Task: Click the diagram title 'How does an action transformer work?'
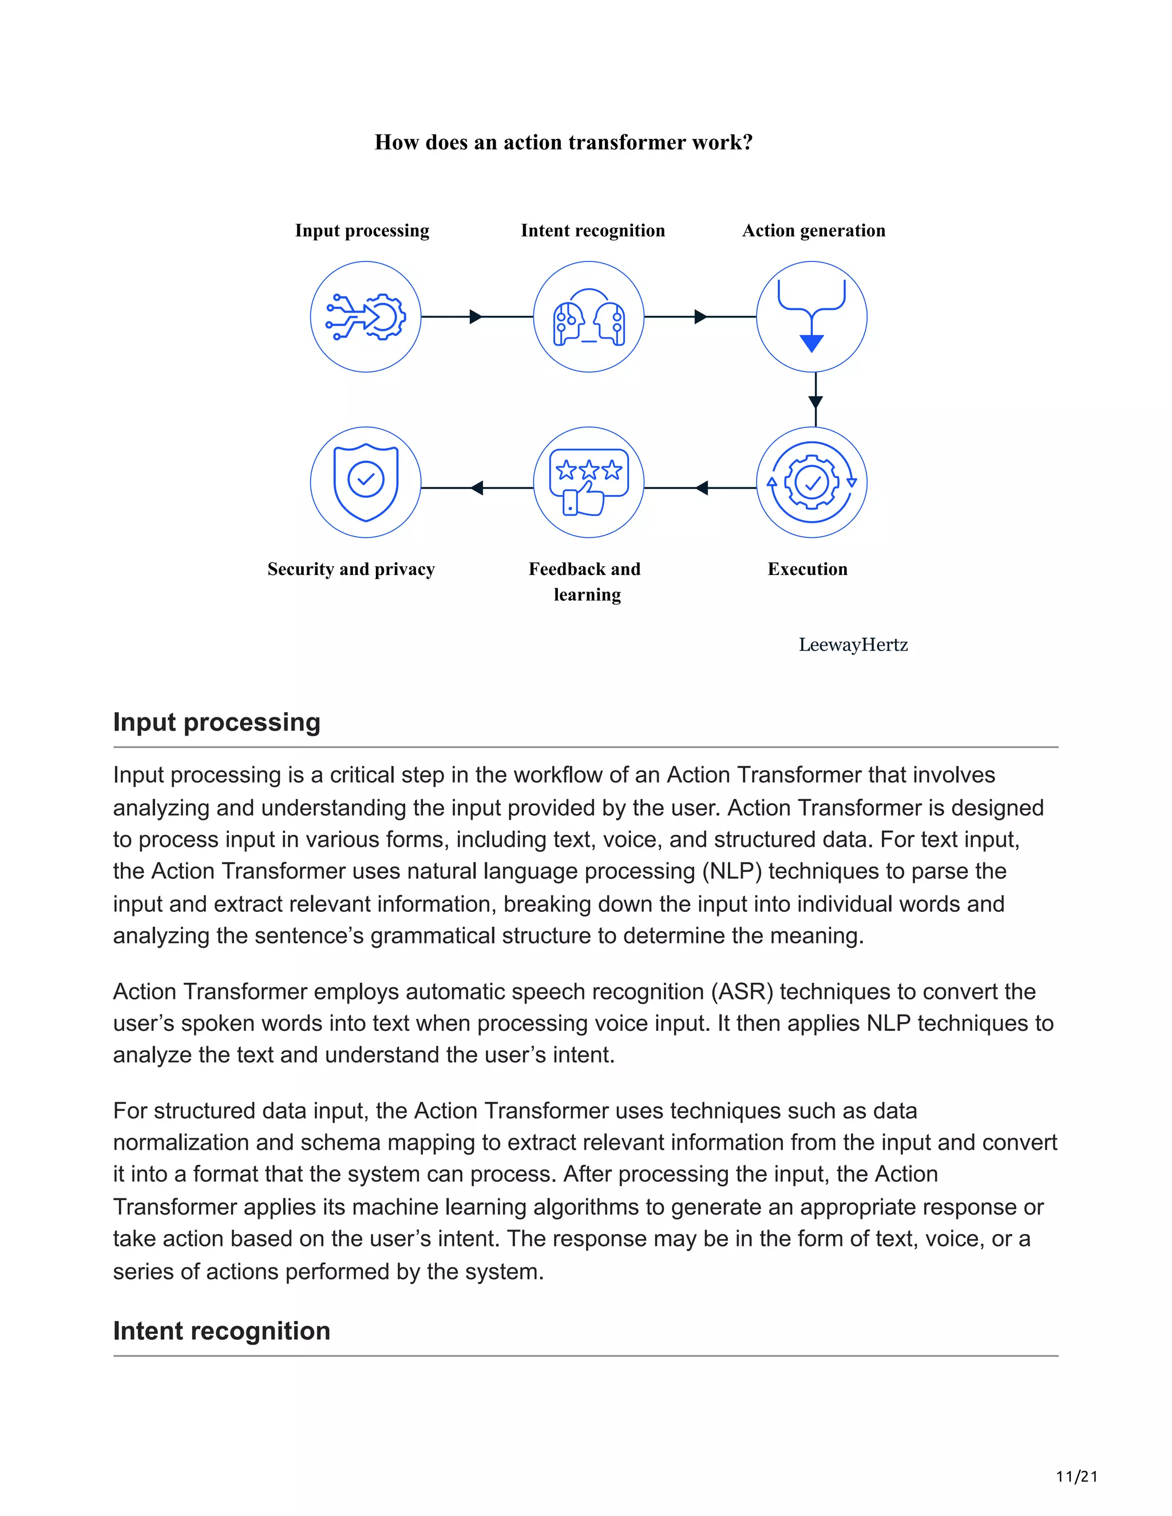563,142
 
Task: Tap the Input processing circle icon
365,316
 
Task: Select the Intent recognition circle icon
588,316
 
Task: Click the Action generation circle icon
811,316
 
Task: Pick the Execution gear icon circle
811,482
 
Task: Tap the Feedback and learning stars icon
588,482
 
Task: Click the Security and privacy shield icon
365,482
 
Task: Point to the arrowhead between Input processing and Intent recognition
476,316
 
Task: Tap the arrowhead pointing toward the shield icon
477,488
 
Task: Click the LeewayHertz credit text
853,645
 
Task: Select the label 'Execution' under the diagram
807,569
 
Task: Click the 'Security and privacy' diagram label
351,569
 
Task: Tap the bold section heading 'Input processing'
217,722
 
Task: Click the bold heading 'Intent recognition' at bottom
221,1331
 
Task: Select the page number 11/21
1076,1477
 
